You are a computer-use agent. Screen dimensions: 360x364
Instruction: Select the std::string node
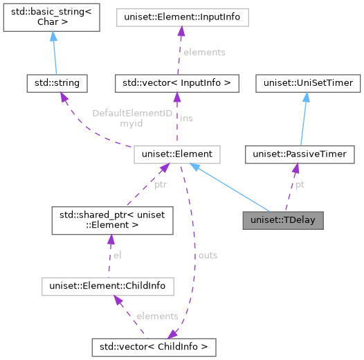click(53, 83)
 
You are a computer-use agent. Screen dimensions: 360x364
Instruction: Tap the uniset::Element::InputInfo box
click(181, 15)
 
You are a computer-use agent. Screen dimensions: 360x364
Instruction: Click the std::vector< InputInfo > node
click(177, 84)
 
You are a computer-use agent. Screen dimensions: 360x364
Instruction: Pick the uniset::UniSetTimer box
click(305, 84)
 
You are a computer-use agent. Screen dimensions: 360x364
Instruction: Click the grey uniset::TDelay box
click(283, 221)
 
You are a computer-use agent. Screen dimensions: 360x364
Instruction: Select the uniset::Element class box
click(177, 154)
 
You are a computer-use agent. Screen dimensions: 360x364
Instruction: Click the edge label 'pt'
click(299, 185)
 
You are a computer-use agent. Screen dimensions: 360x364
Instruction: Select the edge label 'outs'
click(208, 255)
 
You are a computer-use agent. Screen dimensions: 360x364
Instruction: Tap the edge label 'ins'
click(186, 118)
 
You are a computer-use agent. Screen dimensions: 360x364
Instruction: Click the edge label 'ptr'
click(160, 186)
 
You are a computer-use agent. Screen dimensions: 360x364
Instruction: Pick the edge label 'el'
click(117, 255)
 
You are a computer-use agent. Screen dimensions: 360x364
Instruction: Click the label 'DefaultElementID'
click(131, 112)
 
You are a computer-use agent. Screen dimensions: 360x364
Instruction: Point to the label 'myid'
click(131, 123)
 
